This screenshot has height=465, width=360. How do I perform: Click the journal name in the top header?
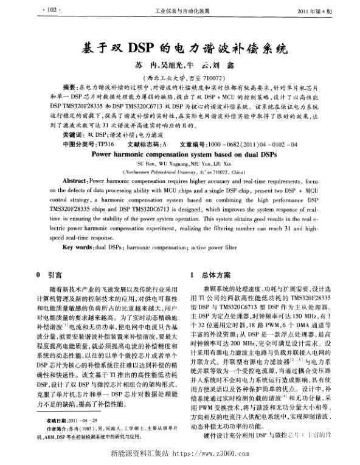[182, 11]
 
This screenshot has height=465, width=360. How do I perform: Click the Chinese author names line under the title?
[182, 66]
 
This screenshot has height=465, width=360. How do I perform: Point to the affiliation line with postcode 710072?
[182, 78]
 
